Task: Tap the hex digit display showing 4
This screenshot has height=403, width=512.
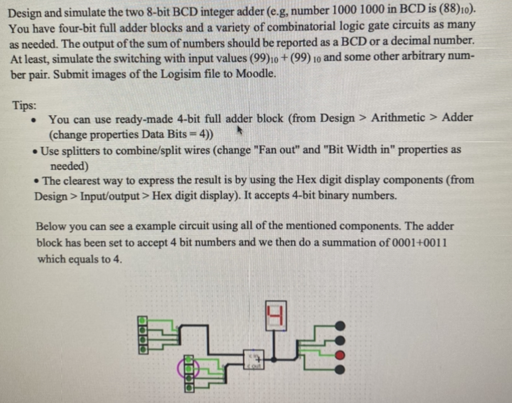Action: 276,315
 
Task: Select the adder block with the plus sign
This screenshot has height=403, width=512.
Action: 254,359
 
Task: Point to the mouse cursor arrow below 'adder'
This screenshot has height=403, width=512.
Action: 240,130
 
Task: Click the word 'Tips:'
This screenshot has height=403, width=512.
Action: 24,105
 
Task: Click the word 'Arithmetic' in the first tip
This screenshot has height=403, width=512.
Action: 398,118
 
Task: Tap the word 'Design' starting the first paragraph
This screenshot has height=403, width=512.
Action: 24,13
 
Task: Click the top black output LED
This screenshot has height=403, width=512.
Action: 340,326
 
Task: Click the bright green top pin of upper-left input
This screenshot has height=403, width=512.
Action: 142,321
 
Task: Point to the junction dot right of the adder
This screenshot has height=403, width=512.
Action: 274,359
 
